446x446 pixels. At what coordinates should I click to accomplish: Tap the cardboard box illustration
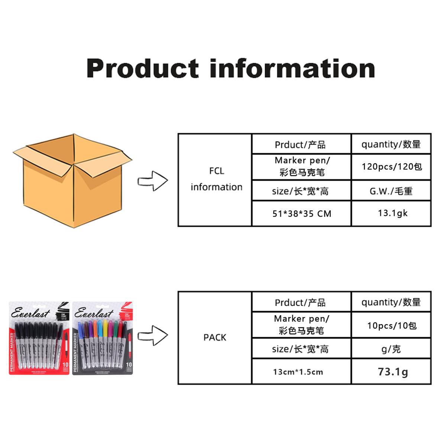[72, 180]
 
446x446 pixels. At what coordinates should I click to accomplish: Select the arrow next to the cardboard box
[153, 181]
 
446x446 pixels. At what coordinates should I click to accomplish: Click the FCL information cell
[216, 179]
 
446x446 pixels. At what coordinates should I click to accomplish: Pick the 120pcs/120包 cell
[392, 167]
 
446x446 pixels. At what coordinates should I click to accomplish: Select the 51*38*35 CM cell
[301, 214]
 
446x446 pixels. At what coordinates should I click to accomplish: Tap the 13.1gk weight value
[392, 213]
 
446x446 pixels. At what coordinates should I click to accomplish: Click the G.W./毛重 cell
[391, 191]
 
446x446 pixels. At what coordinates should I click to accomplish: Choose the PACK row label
[215, 337]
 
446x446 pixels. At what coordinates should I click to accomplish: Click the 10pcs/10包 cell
[392, 326]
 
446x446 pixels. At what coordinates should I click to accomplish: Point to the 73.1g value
[392, 371]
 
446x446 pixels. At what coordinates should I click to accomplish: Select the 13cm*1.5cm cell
[298, 372]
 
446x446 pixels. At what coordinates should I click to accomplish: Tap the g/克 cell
[391, 349]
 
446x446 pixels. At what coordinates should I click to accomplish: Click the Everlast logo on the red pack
[30, 313]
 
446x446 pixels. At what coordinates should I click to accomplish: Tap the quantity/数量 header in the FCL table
[391, 144]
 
